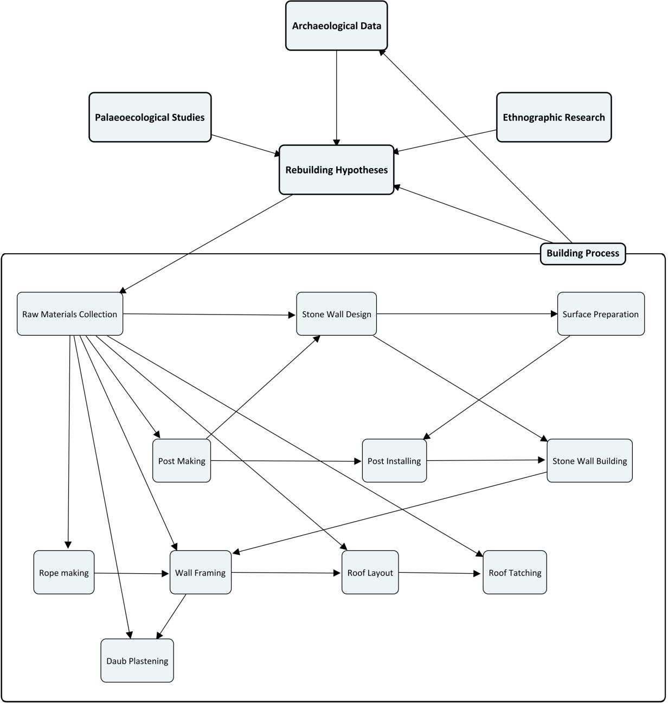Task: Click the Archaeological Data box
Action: [x=336, y=25]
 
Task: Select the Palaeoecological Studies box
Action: [x=150, y=117]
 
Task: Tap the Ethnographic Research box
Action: [x=554, y=117]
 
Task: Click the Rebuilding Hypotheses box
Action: [x=336, y=170]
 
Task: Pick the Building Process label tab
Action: [x=583, y=253]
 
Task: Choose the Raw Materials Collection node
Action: [x=70, y=314]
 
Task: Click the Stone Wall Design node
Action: [x=336, y=314]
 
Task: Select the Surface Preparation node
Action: [x=601, y=314]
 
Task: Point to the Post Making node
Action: [x=182, y=461]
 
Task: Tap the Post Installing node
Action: [x=394, y=461]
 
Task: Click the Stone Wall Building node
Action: [x=589, y=461]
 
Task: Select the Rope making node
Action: [x=63, y=573]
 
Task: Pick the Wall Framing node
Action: [x=201, y=573]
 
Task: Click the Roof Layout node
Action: [x=370, y=573]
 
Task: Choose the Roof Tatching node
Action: [x=515, y=573]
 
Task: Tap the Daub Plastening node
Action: [x=137, y=661]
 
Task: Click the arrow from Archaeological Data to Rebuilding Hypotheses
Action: [x=337, y=98]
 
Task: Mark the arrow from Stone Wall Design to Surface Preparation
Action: [x=466, y=314]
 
